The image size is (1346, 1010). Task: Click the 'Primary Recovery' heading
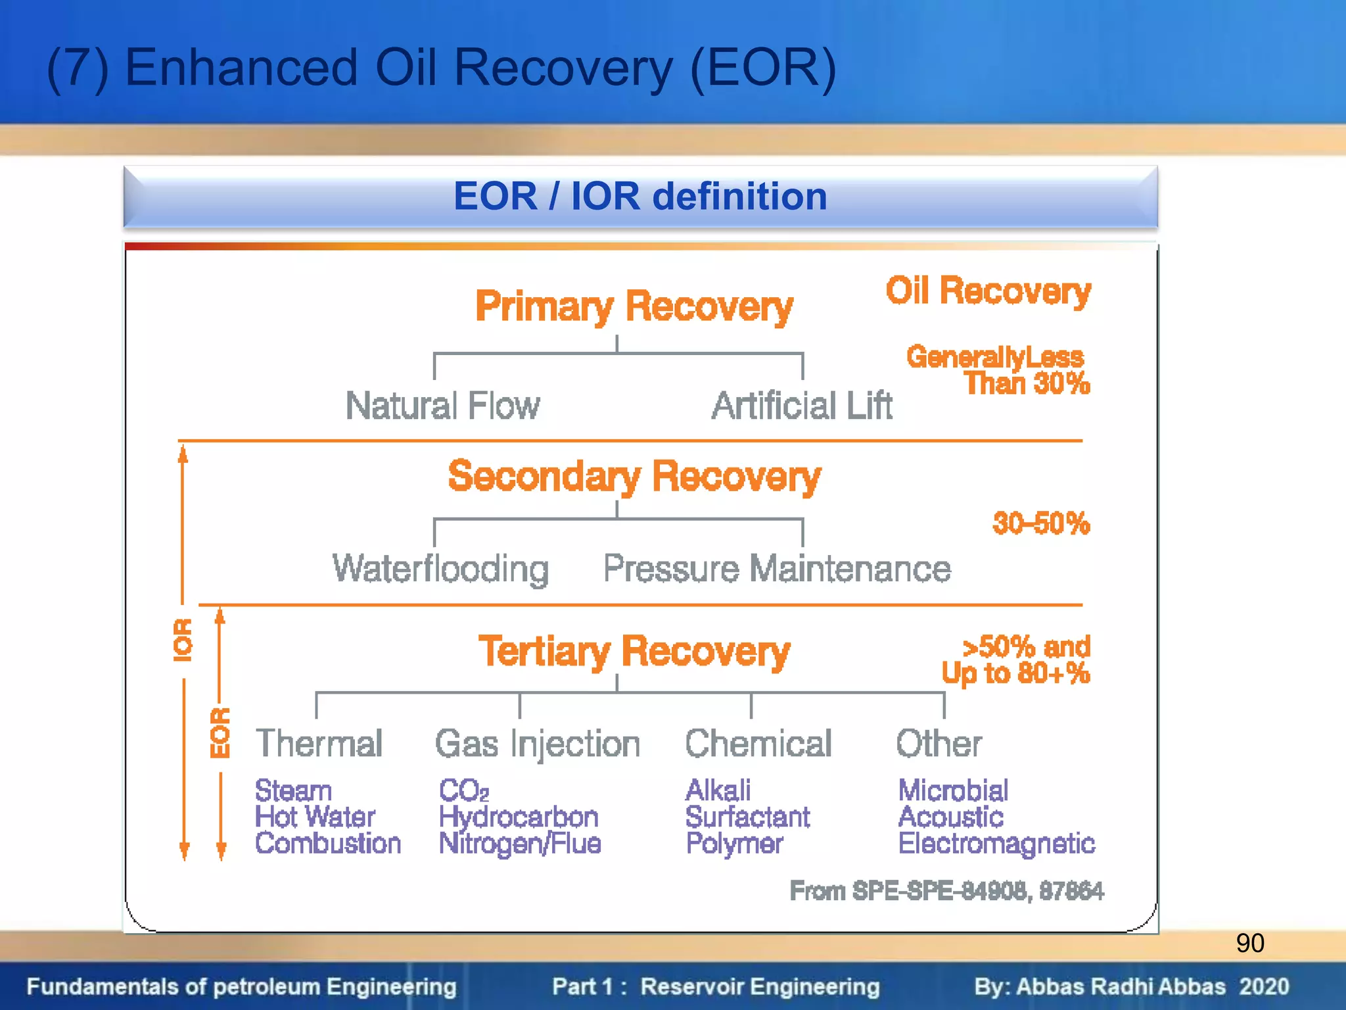[x=634, y=307]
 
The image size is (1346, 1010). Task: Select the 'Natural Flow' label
[x=442, y=405]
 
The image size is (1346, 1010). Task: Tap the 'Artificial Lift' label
[x=802, y=405]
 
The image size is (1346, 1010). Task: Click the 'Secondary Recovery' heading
[x=634, y=476]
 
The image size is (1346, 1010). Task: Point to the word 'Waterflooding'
[x=440, y=569]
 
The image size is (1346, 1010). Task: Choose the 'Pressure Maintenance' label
[x=777, y=569]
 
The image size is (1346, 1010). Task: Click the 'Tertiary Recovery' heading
[x=634, y=652]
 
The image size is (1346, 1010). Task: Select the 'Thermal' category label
[x=319, y=744]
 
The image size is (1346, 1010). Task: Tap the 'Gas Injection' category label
[x=537, y=744]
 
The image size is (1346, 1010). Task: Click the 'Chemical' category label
[x=758, y=744]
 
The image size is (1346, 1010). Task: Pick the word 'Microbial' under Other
[x=952, y=790]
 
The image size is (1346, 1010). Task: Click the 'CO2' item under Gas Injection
[x=463, y=790]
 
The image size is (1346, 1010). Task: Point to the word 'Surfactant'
[x=747, y=817]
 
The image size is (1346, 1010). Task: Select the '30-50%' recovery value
[x=1040, y=524]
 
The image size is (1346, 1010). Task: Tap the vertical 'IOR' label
[x=183, y=640]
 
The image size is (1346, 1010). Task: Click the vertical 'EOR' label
[x=220, y=733]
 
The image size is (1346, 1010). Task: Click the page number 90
[x=1249, y=943]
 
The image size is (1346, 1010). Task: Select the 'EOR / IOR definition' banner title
[x=640, y=196]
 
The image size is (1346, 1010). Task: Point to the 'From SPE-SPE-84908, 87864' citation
[x=946, y=891]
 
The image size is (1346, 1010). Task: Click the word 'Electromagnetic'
[x=996, y=844]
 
